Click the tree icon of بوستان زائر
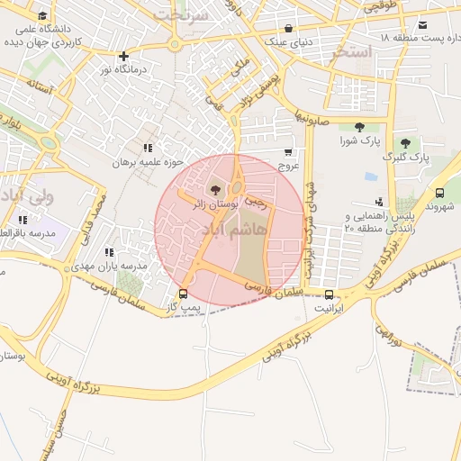coord(215,189)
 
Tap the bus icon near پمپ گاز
coord(184,293)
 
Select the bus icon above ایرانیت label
coord(328,294)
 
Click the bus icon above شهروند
coord(439,193)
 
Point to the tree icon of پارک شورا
coord(360,127)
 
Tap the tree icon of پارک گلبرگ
coord(405,141)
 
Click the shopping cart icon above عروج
coord(288,152)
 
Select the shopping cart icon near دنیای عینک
coord(288,28)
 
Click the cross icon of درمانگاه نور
coord(124,55)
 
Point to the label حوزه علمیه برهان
coord(148,163)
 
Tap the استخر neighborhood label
coord(350,51)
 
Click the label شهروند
coord(442,208)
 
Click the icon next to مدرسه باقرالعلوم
coord(23,220)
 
